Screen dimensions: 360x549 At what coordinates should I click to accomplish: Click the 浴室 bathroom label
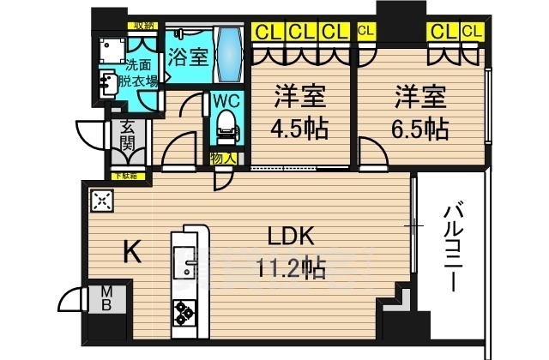[x=187, y=58]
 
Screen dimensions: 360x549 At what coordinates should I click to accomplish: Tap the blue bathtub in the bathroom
[x=228, y=53]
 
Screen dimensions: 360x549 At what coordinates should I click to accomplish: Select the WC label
[x=226, y=99]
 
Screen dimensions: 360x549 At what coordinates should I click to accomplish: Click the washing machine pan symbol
[x=111, y=48]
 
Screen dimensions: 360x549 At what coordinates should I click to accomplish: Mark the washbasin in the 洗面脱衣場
[x=111, y=83]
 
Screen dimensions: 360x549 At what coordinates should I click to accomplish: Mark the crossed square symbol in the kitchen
[x=100, y=202]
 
